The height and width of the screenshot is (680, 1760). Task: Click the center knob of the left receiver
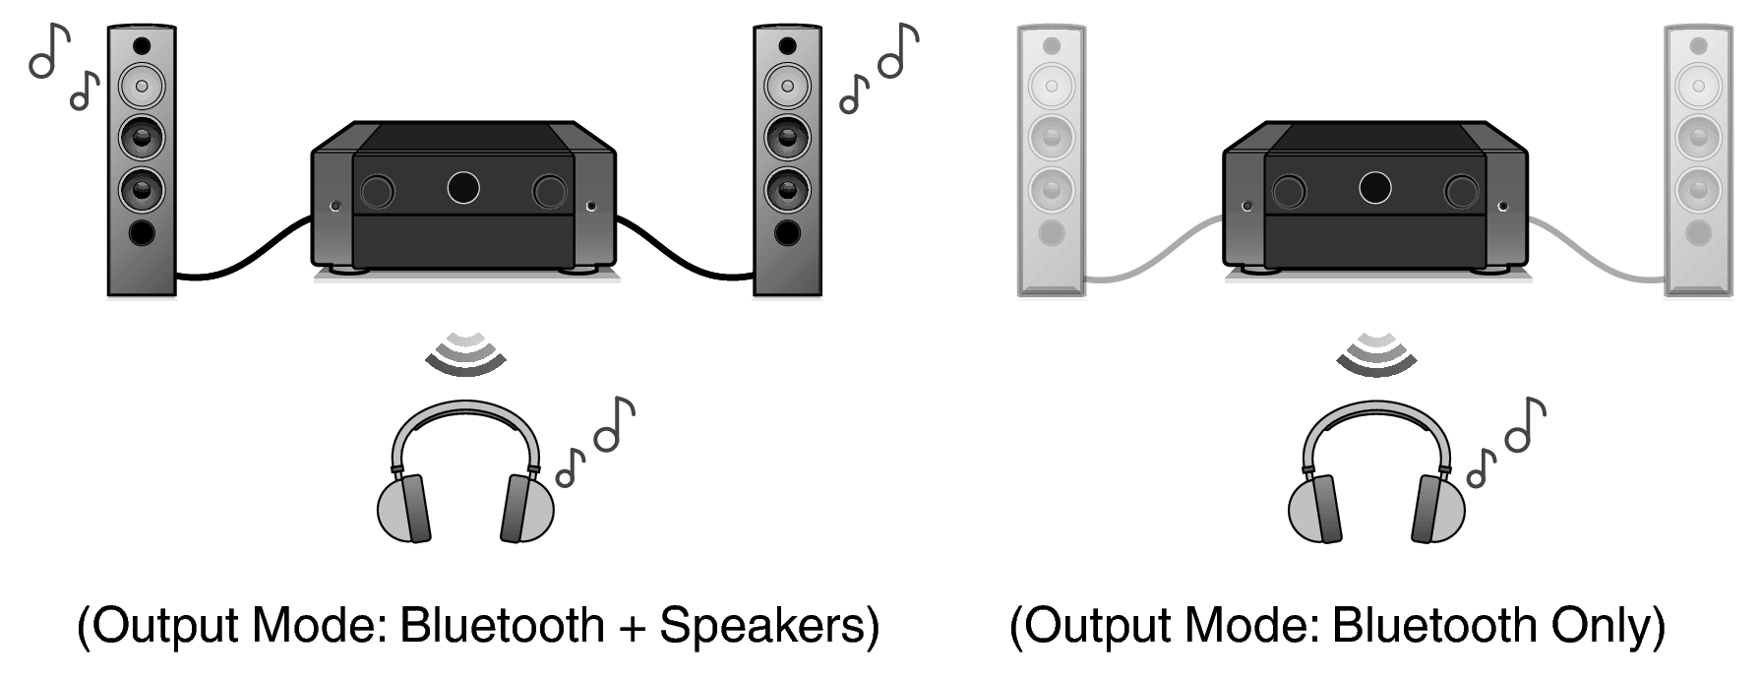tap(462, 187)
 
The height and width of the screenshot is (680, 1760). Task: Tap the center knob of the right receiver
tap(1374, 187)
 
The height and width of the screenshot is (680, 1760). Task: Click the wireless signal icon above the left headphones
tap(465, 353)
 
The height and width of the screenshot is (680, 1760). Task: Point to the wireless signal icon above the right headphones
tap(1376, 353)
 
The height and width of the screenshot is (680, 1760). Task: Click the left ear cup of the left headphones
tap(405, 508)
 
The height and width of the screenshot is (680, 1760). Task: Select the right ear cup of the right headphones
tap(1439, 508)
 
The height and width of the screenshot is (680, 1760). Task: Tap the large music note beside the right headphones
tap(1526, 424)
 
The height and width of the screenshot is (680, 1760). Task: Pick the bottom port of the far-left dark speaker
tap(142, 232)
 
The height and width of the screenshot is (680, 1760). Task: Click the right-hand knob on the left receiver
tap(549, 192)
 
